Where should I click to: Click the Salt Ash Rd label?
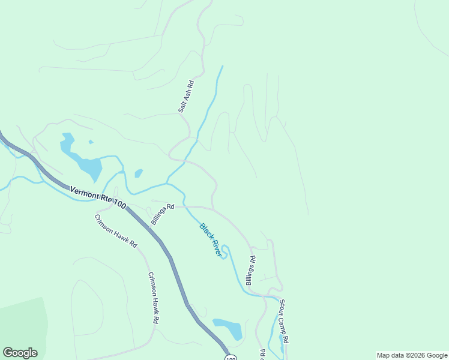186,97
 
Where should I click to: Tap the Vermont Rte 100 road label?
98,197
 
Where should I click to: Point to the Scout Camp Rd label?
285,322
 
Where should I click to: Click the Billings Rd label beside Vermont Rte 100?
163,214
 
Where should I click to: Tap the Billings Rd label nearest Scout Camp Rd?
252,271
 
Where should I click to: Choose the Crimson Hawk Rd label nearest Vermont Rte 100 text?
116,231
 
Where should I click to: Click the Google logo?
20,353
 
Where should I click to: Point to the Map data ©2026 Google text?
412,355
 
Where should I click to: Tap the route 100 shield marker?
231,358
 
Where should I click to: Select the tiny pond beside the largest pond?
139,173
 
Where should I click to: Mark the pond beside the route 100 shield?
229,328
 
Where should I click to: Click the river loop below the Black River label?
224,251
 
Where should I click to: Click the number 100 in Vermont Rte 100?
118,204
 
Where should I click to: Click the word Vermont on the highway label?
83,193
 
